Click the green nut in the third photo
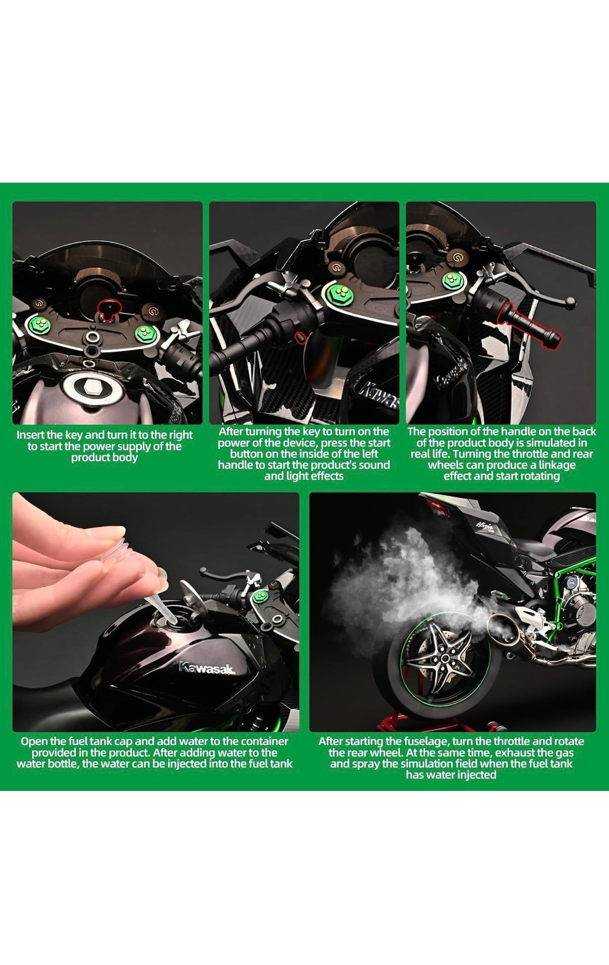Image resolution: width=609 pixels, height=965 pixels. [449, 281]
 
